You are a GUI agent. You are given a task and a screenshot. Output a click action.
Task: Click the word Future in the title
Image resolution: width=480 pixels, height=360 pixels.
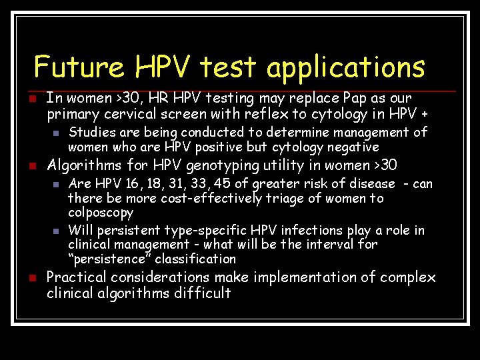click(x=79, y=67)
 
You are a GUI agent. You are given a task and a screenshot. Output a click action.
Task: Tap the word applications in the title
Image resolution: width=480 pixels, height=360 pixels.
click(x=345, y=68)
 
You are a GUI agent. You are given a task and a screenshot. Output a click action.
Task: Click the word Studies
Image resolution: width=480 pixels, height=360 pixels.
click(x=92, y=132)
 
